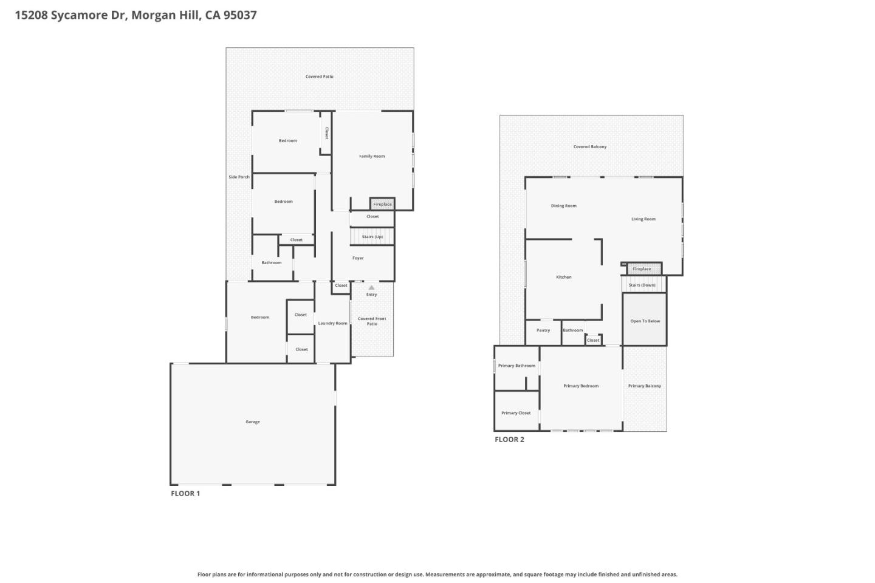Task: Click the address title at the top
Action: [x=136, y=15]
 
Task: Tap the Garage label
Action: [x=253, y=422]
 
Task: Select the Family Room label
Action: [x=372, y=157]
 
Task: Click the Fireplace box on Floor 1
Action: [x=382, y=204]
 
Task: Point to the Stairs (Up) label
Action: [x=372, y=237]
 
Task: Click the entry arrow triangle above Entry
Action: [x=372, y=288]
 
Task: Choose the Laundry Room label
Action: [x=332, y=323]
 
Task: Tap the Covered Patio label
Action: [x=319, y=77]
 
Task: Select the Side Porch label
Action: [x=239, y=177]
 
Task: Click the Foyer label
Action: [x=358, y=258]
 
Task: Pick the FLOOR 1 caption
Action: [x=185, y=494]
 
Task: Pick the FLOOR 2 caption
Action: [x=509, y=440]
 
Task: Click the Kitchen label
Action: [x=564, y=278]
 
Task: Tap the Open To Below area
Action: [x=645, y=321]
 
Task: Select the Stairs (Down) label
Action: [x=642, y=285]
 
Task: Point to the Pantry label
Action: [x=543, y=331]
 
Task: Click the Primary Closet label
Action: [x=516, y=413]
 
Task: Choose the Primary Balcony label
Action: [x=645, y=386]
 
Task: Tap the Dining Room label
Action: [x=564, y=206]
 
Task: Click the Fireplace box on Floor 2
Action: [x=642, y=269]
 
